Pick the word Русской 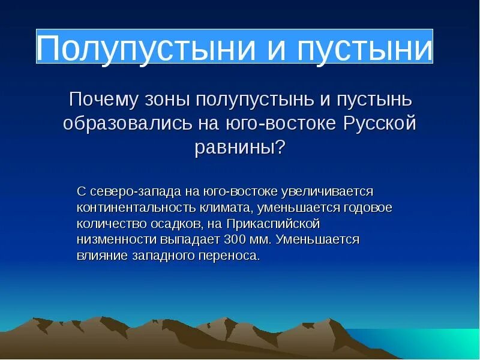click(380, 124)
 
